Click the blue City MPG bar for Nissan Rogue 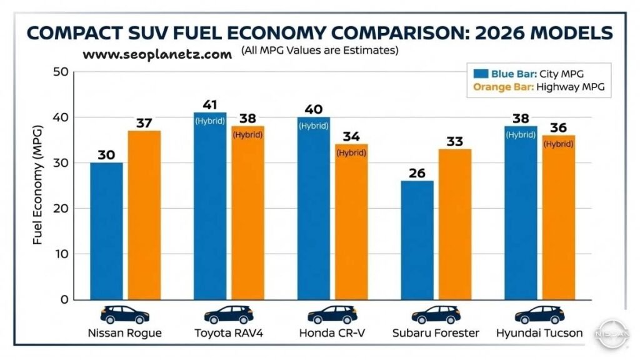tap(106, 231)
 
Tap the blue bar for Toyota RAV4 tap(209, 206)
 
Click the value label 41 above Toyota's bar tap(209, 104)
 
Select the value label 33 tap(454, 141)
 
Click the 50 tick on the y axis tap(60, 72)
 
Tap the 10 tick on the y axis tap(60, 254)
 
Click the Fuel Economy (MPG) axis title tap(38, 186)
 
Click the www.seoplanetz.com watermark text tap(157, 55)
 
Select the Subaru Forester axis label tap(436, 333)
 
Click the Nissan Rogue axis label tap(125, 333)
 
